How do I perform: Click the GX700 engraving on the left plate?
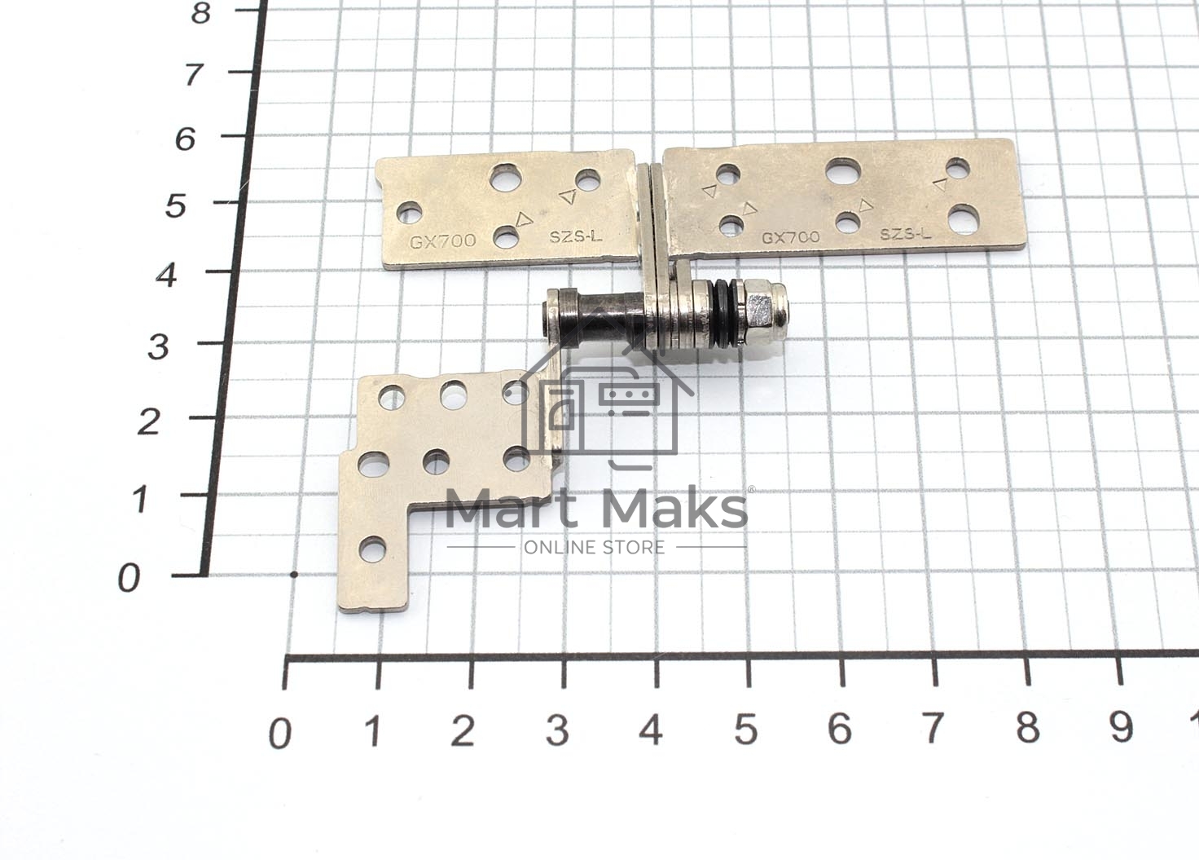(442, 240)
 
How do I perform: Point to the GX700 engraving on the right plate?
(791, 237)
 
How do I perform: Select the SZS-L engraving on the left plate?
(576, 236)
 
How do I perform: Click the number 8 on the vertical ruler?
(200, 13)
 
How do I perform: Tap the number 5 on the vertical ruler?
(175, 206)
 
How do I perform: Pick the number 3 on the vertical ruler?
(159, 347)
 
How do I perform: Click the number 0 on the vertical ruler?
(129, 579)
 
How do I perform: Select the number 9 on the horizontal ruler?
(1121, 729)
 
